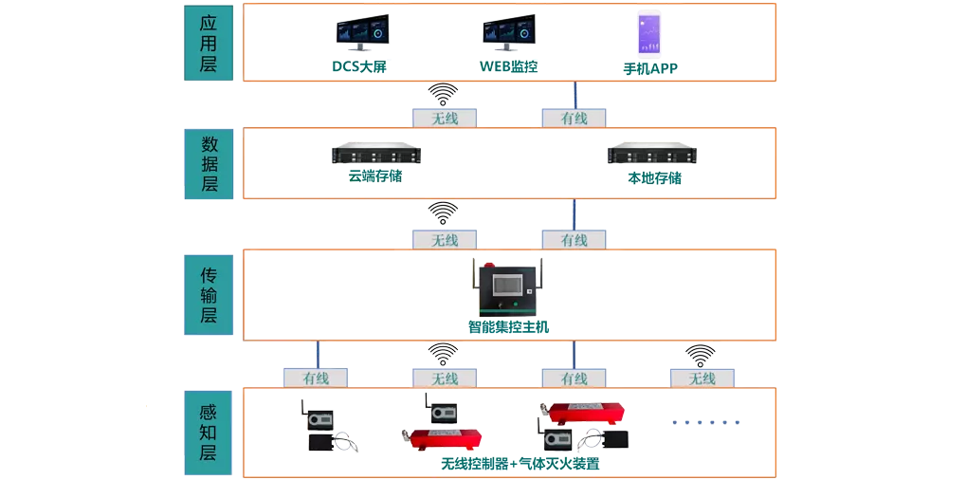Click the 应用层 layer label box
(209, 43)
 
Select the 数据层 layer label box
(209, 163)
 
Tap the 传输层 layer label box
(209, 295)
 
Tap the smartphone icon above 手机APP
(649, 33)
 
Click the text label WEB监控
(509, 66)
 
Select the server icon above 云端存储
(375, 155)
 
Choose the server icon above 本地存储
(651, 155)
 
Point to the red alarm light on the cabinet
(491, 262)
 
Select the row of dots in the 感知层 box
(705, 423)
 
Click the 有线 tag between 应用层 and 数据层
(575, 119)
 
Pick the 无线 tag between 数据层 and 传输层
(444, 240)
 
